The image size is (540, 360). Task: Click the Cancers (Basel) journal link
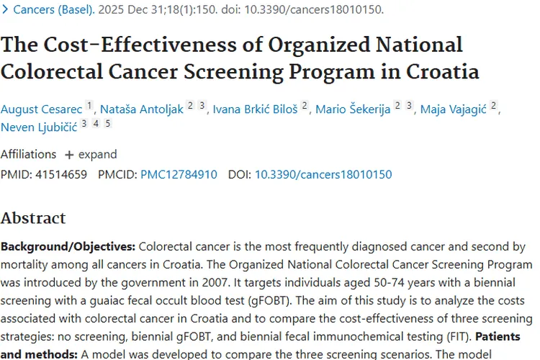[54, 10]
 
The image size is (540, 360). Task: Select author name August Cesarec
[42, 109]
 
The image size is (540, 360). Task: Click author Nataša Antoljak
[142, 109]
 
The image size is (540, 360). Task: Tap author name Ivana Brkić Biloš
[254, 109]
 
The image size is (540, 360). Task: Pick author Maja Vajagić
[453, 109]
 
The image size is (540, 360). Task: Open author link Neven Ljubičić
[39, 127]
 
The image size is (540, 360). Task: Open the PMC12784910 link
[179, 174]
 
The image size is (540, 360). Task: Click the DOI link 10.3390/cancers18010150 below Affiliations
[323, 174]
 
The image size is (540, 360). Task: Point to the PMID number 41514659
[60, 174]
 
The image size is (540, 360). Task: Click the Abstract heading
[33, 218]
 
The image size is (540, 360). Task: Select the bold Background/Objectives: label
[68, 246]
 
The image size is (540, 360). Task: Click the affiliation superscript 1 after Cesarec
[90, 106]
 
